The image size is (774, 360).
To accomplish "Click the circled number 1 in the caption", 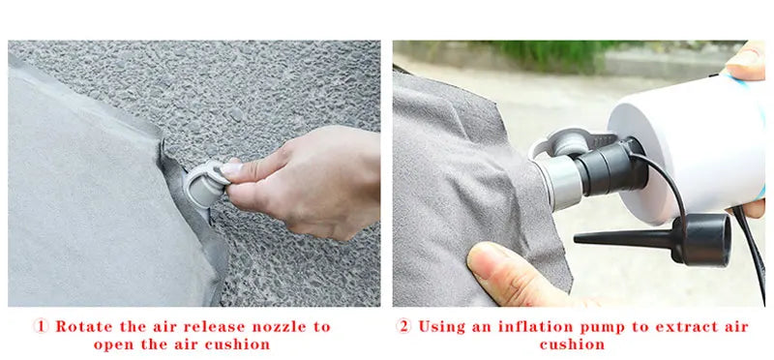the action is [x=41, y=326].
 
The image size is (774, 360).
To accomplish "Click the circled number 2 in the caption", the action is [x=403, y=326].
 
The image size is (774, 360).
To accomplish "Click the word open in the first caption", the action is [x=115, y=345].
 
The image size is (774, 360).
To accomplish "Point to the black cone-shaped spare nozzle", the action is [x=652, y=239].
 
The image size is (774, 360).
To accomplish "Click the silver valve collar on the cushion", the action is [x=559, y=181].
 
